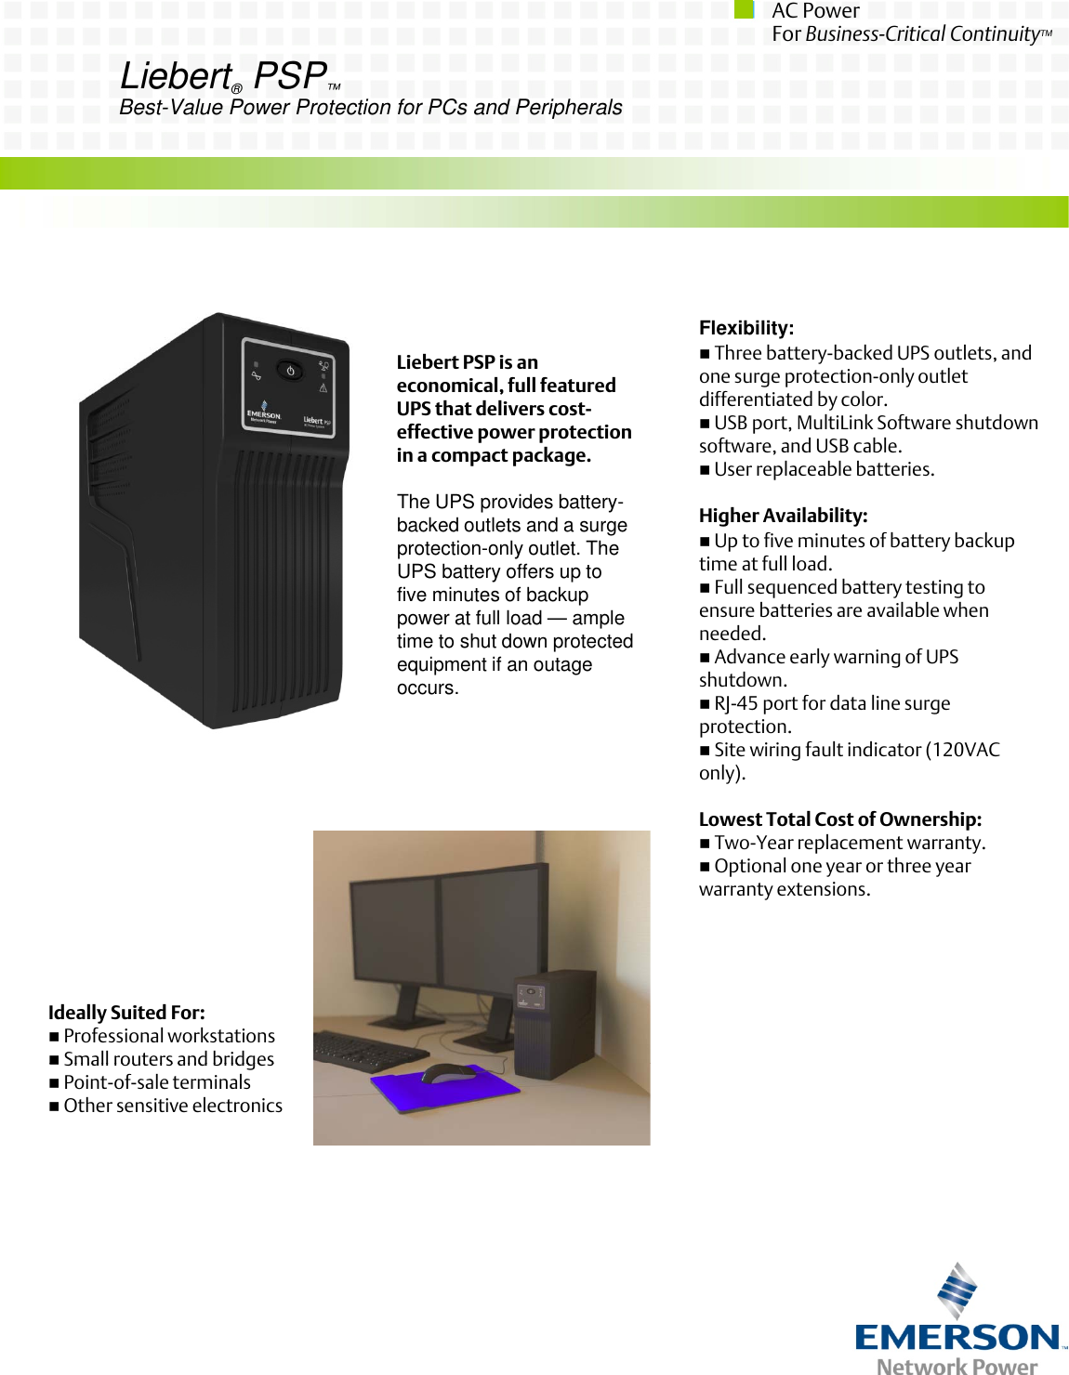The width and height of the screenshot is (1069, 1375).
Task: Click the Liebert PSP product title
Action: point(224,76)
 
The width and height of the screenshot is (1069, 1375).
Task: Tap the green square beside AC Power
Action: point(744,9)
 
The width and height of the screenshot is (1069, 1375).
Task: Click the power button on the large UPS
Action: point(290,371)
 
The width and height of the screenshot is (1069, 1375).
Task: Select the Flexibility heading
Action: point(746,328)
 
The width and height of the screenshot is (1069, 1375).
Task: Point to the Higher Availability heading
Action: point(783,516)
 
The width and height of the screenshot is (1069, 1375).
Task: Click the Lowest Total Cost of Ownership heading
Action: point(839,819)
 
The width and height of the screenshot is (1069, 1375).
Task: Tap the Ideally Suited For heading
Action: point(126,1013)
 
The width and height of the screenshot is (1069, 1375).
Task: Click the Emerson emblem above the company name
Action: point(957,1290)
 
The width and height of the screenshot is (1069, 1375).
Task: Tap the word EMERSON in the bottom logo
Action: point(957,1338)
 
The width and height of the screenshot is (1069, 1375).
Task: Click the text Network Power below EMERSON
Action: point(957,1366)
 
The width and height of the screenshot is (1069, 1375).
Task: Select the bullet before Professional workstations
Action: point(54,1037)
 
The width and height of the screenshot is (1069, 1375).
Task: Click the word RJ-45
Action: point(735,703)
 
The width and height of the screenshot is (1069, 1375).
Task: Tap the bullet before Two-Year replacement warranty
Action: point(705,844)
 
